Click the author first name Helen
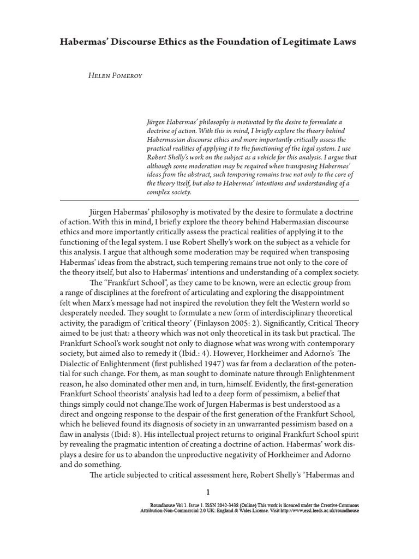[98, 75]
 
